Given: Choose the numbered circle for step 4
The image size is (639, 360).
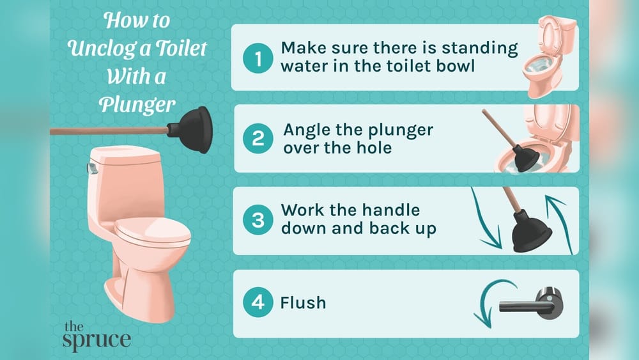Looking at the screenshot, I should pos(258,302).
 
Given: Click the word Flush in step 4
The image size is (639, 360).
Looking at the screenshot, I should pos(303,302).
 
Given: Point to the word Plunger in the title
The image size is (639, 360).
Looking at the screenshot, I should pos(137,104).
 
